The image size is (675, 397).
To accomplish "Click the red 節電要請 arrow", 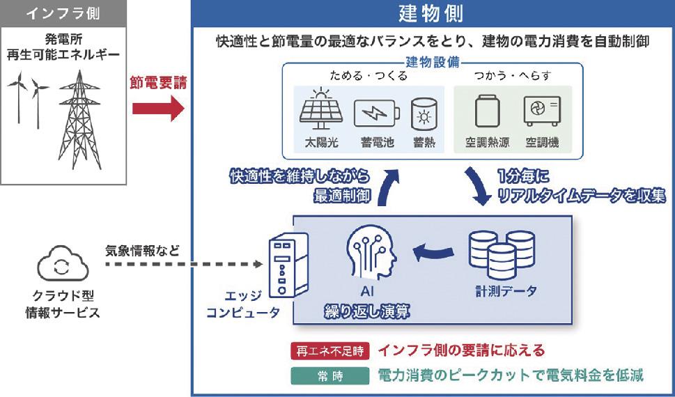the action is [x=158, y=108].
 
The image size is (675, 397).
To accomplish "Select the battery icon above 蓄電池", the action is [x=377, y=114].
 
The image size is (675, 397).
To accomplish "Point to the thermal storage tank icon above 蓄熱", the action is [x=424, y=114].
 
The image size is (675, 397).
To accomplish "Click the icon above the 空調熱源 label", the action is [x=488, y=111].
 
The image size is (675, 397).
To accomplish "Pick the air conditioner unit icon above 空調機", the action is [x=542, y=111].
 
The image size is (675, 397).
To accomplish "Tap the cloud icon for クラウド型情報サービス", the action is [x=63, y=263].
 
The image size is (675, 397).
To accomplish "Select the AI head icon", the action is [x=371, y=252].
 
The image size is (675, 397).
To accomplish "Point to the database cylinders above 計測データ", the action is [x=502, y=254].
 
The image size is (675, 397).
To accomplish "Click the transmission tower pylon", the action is [x=79, y=120].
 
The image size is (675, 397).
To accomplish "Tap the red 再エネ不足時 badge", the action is [x=329, y=351].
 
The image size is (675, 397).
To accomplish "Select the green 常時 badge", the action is [x=329, y=376].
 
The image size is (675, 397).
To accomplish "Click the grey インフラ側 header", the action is [x=63, y=13].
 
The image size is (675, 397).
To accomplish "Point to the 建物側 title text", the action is [x=430, y=14].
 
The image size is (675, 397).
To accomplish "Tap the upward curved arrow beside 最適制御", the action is [x=387, y=187].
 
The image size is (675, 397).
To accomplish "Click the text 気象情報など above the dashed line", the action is [x=142, y=251].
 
